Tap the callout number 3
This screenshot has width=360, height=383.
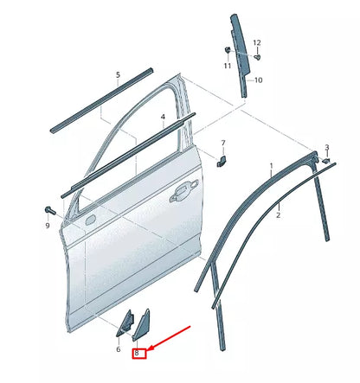tap(326, 148)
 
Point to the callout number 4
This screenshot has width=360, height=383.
tap(162, 116)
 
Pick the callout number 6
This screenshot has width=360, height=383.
tap(118, 349)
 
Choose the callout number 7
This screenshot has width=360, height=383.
tap(222, 143)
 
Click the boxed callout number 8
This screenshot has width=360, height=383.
tap(138, 353)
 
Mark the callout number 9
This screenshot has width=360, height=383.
tap(48, 226)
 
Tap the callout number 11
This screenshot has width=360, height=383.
tap(228, 66)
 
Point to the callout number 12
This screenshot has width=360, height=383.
tap(256, 42)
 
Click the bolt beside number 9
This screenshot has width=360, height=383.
tap(48, 210)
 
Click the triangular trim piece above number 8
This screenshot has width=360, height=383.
tap(142, 323)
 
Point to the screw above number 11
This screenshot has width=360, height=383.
tap(227, 49)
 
